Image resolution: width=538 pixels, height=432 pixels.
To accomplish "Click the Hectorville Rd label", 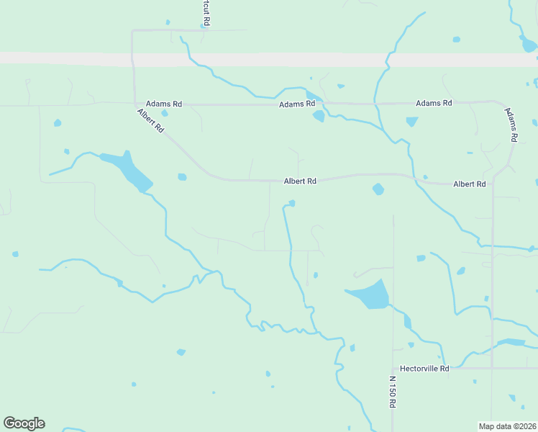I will (424, 369).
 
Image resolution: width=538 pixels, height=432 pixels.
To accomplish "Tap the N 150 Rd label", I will (393, 392).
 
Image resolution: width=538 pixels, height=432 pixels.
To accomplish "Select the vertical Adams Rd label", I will (511, 125).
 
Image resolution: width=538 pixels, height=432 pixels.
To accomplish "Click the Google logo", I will (24, 423).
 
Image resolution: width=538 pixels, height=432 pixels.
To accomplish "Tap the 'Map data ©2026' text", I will (507, 426).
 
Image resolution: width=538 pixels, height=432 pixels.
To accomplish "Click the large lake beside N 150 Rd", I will (371, 294).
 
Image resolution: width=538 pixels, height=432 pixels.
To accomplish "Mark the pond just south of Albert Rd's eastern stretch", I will (378, 189).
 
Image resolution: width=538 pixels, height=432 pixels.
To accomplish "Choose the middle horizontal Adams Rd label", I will (297, 104).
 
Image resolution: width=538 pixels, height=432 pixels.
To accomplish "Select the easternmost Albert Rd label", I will (469, 184).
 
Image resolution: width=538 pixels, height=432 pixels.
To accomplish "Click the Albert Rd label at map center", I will (300, 181).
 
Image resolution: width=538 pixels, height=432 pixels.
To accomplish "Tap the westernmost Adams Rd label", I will (164, 104).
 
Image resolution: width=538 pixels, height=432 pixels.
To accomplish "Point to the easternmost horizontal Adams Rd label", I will (434, 103).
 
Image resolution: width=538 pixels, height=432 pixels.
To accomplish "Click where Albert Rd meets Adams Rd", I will (135, 104).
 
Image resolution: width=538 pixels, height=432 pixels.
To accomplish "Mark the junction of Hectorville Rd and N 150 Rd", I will (393, 369).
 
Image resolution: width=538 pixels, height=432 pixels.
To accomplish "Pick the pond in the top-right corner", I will (529, 45).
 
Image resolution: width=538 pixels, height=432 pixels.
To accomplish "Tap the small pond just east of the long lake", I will (182, 176).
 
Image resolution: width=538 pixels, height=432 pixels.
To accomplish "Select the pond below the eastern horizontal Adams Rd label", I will (411, 121).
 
